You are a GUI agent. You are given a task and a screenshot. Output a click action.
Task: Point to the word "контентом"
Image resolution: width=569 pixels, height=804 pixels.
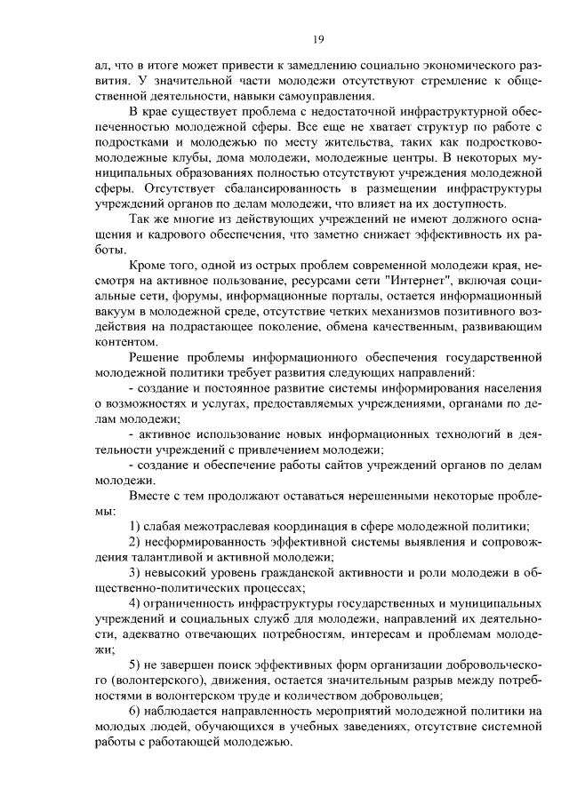[x=125, y=341]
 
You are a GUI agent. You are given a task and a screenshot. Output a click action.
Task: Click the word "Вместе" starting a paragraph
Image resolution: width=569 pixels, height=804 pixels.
[x=151, y=497]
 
